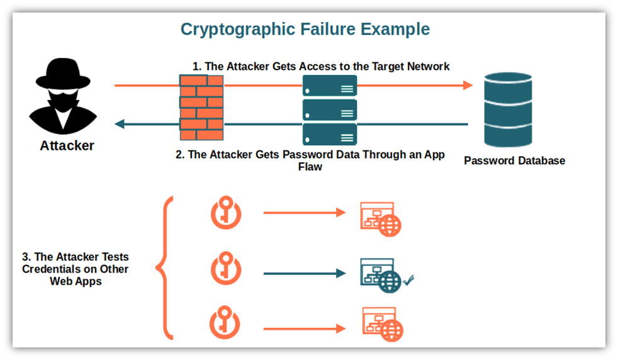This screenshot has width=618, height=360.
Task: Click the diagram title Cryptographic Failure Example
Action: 305,29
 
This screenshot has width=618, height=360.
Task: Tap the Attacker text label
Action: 67,146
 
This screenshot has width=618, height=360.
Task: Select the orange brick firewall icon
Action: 201,107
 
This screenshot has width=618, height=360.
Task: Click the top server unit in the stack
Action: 329,86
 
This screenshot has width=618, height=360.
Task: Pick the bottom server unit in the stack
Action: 329,133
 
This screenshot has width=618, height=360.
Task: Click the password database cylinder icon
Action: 508,110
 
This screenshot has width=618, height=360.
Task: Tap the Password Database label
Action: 514,160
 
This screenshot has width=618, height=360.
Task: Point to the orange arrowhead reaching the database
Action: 466,86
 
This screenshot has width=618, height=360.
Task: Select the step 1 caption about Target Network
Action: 321,66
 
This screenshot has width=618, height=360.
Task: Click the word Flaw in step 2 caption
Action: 310,167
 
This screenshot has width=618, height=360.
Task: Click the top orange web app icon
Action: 380,218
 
